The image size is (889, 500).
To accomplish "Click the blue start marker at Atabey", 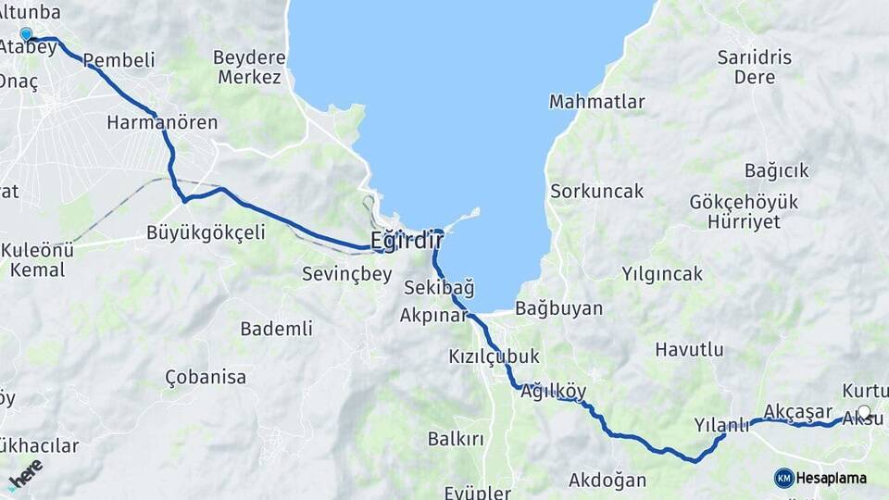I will [26, 34].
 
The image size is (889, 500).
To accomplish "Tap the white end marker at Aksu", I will [864, 412].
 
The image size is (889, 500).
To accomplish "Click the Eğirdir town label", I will [407, 241].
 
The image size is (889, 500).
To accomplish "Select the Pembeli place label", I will [119, 60].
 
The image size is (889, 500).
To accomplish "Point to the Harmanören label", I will [162, 122].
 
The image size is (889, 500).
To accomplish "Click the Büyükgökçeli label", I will [206, 232].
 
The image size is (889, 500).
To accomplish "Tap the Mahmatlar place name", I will [596, 102].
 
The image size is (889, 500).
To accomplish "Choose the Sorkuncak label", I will [596, 192].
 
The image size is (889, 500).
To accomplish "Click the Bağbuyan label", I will [558, 308].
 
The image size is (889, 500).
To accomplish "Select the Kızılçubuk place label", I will [494, 356].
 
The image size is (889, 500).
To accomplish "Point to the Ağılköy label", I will [554, 391].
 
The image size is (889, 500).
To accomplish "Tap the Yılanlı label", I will [721, 425].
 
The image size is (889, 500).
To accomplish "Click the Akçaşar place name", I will [794, 411].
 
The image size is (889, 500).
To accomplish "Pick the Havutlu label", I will [689, 349].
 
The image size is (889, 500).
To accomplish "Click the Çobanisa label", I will [206, 377].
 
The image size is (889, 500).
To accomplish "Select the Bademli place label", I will [276, 329].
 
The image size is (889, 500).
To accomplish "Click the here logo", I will [25, 473].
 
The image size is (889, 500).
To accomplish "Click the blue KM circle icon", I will [784, 478].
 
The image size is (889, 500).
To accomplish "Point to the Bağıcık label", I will [776, 170].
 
